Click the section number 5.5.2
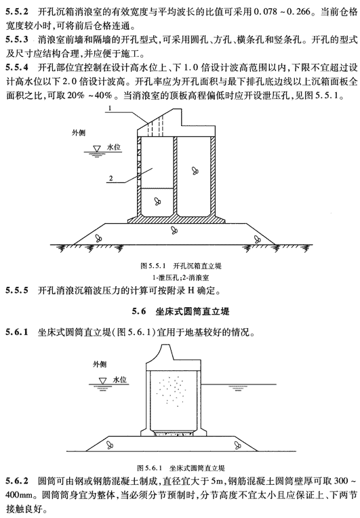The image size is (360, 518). tap(17, 12)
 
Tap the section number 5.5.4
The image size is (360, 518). tap(17, 68)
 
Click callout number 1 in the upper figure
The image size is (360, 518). tap(110, 108)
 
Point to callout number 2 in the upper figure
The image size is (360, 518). tap(111, 178)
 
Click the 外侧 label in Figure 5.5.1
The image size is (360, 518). tap(79, 132)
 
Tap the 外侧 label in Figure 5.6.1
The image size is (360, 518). tap(100, 364)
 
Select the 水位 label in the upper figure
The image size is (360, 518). tap(114, 147)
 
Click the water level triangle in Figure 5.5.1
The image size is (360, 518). tap(97, 148)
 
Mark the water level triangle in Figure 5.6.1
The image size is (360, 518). tap(103, 381)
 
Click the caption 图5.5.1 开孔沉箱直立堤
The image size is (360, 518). tap(180, 266)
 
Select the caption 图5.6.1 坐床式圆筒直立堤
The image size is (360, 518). tap(180, 468)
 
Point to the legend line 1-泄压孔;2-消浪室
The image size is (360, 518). tap(180, 277)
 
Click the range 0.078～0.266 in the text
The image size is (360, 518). tap(283, 12)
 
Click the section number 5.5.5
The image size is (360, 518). tap(17, 291)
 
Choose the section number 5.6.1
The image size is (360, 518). tap(17, 332)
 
